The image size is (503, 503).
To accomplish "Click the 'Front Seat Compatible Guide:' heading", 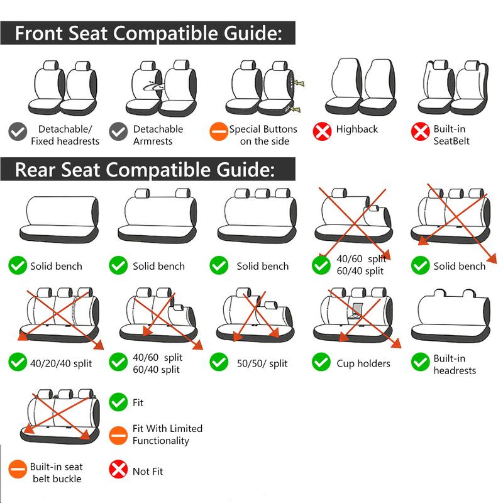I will click(x=148, y=33).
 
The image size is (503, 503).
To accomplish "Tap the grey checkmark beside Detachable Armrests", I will click(x=118, y=131).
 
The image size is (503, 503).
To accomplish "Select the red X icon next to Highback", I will click(x=322, y=131).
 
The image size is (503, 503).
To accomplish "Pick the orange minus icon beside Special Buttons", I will click(x=218, y=131).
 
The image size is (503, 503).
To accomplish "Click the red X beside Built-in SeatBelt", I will click(x=420, y=131).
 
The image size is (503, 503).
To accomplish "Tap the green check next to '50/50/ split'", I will click(x=219, y=362).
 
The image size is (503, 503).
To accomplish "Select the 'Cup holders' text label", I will click(x=363, y=363).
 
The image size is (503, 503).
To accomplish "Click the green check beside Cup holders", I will click(x=321, y=362).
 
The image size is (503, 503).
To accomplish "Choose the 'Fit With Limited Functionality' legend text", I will click(x=167, y=434).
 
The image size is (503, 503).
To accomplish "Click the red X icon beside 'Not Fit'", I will click(x=118, y=469).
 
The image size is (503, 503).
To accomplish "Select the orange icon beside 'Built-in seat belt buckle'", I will click(x=18, y=469).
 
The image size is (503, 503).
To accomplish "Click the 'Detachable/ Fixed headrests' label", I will click(x=65, y=135).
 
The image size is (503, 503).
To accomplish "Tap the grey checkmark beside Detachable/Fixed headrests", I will click(x=18, y=131).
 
